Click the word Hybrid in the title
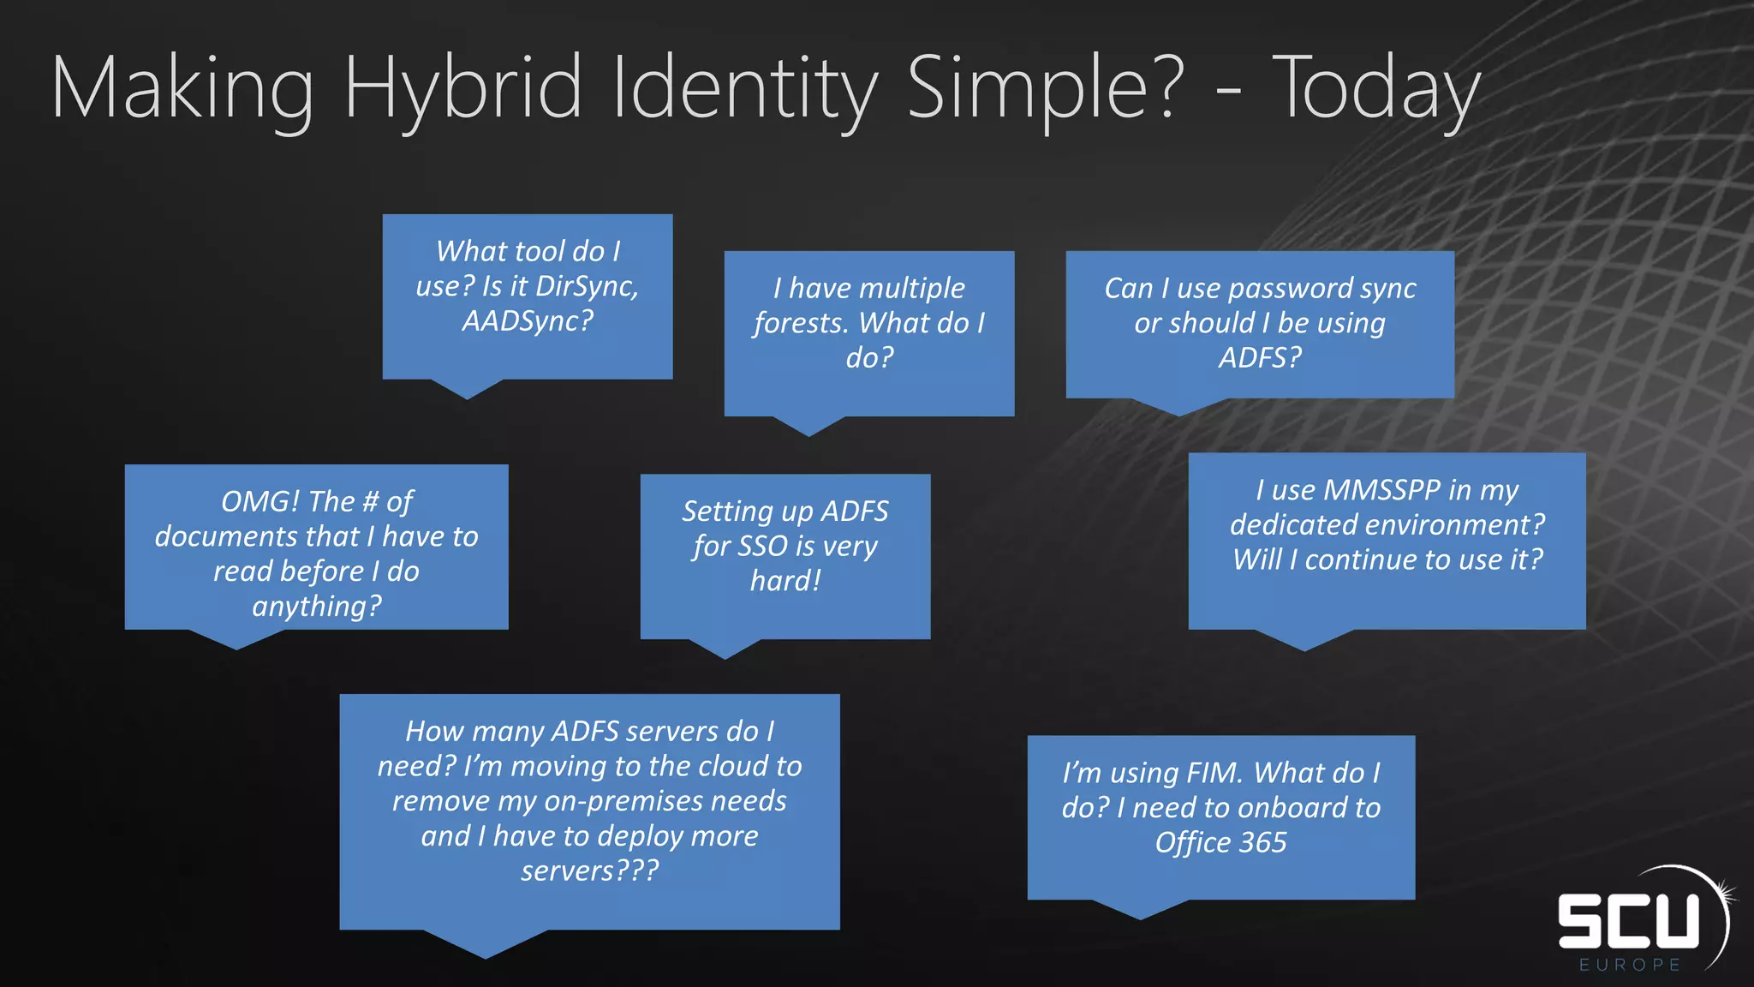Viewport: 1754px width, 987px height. coord(462,89)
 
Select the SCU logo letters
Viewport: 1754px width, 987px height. coord(1627,921)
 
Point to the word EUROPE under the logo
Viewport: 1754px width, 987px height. coord(1630,965)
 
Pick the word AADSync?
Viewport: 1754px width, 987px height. coord(528,321)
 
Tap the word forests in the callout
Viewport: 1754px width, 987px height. coord(801,324)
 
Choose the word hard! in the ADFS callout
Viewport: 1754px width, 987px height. coord(785,582)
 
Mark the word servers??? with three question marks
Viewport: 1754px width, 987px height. coord(590,871)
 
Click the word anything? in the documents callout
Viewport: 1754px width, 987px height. coord(317,607)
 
